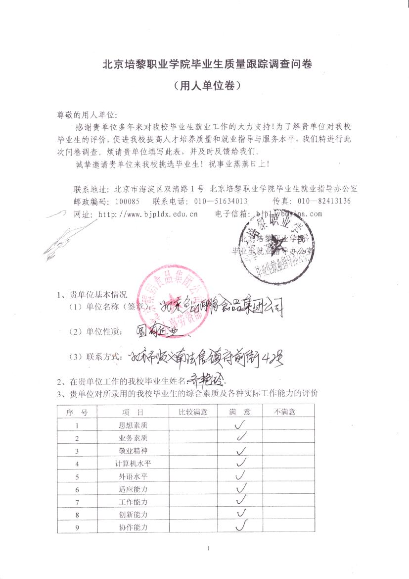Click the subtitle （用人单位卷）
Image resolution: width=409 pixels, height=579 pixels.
coord(207,85)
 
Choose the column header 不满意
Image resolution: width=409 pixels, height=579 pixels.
coord(285,412)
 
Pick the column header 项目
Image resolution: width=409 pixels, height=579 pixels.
coord(133,412)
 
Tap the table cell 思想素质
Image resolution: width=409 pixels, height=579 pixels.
coord(133,425)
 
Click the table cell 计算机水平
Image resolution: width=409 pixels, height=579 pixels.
coord(133,464)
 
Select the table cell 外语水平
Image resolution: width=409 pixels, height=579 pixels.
coord(133,476)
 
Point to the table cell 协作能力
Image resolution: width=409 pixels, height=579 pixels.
coord(133,527)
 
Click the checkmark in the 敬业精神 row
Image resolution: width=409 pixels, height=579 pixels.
coord(241,450)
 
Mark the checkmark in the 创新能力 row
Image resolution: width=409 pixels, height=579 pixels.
coord(241,514)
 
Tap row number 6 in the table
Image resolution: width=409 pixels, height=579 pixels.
coord(77,489)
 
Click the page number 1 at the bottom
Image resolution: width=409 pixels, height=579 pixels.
coord(210,548)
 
